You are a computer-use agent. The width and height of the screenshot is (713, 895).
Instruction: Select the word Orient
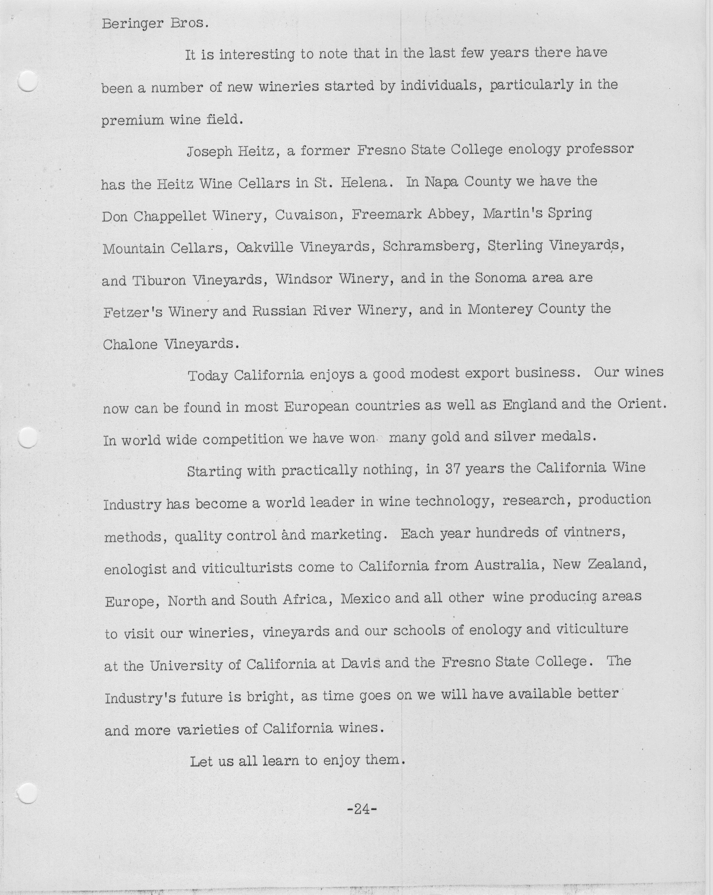(641, 404)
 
